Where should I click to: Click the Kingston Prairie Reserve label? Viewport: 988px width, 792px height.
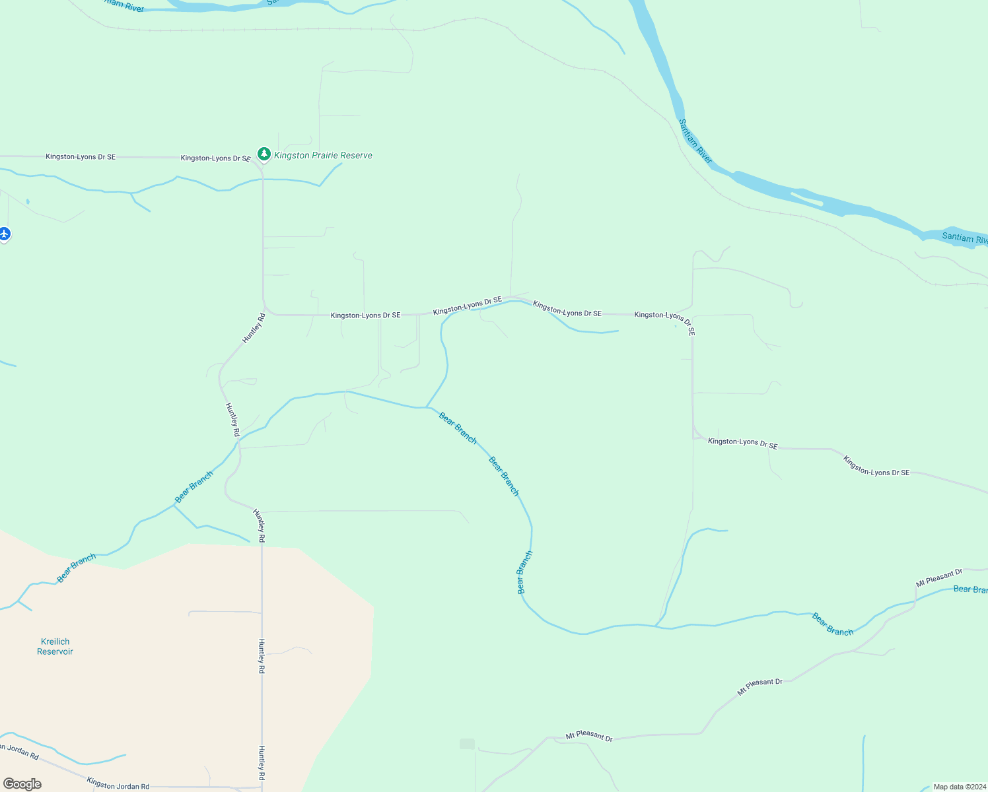323,156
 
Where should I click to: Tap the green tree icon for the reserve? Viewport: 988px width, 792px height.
264,154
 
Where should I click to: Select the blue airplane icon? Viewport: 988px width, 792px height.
5,234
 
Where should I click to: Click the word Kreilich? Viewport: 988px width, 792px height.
55,642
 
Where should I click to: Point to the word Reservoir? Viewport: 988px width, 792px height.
55,652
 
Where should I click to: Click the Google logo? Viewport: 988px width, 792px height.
22,784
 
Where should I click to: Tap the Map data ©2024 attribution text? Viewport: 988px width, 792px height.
959,787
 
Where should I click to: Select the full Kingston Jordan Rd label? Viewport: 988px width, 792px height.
118,783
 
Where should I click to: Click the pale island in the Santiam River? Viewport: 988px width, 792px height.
806,198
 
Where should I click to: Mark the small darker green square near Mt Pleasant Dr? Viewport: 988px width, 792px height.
467,744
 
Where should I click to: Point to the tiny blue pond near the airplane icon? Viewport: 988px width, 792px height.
28,201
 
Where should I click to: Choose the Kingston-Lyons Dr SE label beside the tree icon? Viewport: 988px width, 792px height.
215,158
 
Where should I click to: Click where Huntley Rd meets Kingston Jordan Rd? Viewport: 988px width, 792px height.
262,787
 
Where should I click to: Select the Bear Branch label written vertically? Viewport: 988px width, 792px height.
524,572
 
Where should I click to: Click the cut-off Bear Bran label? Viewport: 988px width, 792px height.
970,589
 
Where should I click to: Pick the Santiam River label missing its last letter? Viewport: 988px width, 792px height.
964,238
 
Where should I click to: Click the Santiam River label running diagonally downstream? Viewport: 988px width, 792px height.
695,141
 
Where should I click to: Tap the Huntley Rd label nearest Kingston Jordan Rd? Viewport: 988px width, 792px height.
262,763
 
